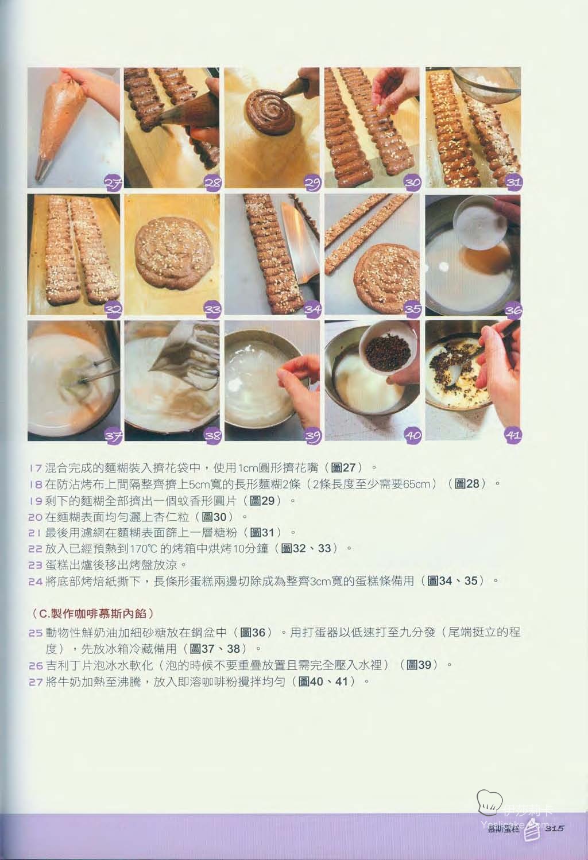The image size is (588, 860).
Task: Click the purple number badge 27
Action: click(113, 183)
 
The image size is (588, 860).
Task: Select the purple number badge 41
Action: click(513, 435)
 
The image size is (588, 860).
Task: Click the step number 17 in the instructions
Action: click(36, 468)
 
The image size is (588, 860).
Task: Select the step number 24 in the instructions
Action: click(36, 581)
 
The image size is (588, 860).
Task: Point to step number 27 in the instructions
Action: click(36, 682)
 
